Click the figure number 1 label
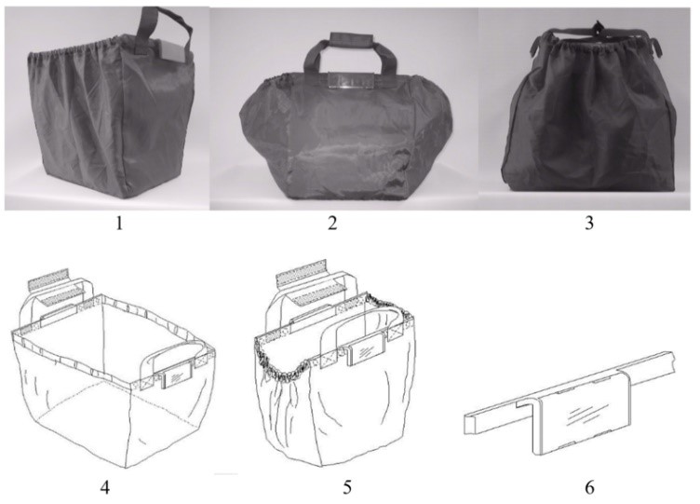[119, 223]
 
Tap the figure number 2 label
[332, 223]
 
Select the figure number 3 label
[589, 223]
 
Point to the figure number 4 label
[105, 487]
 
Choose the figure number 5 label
[347, 487]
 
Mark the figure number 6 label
[589, 487]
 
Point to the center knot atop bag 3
[595, 29]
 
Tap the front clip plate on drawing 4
[177, 375]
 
